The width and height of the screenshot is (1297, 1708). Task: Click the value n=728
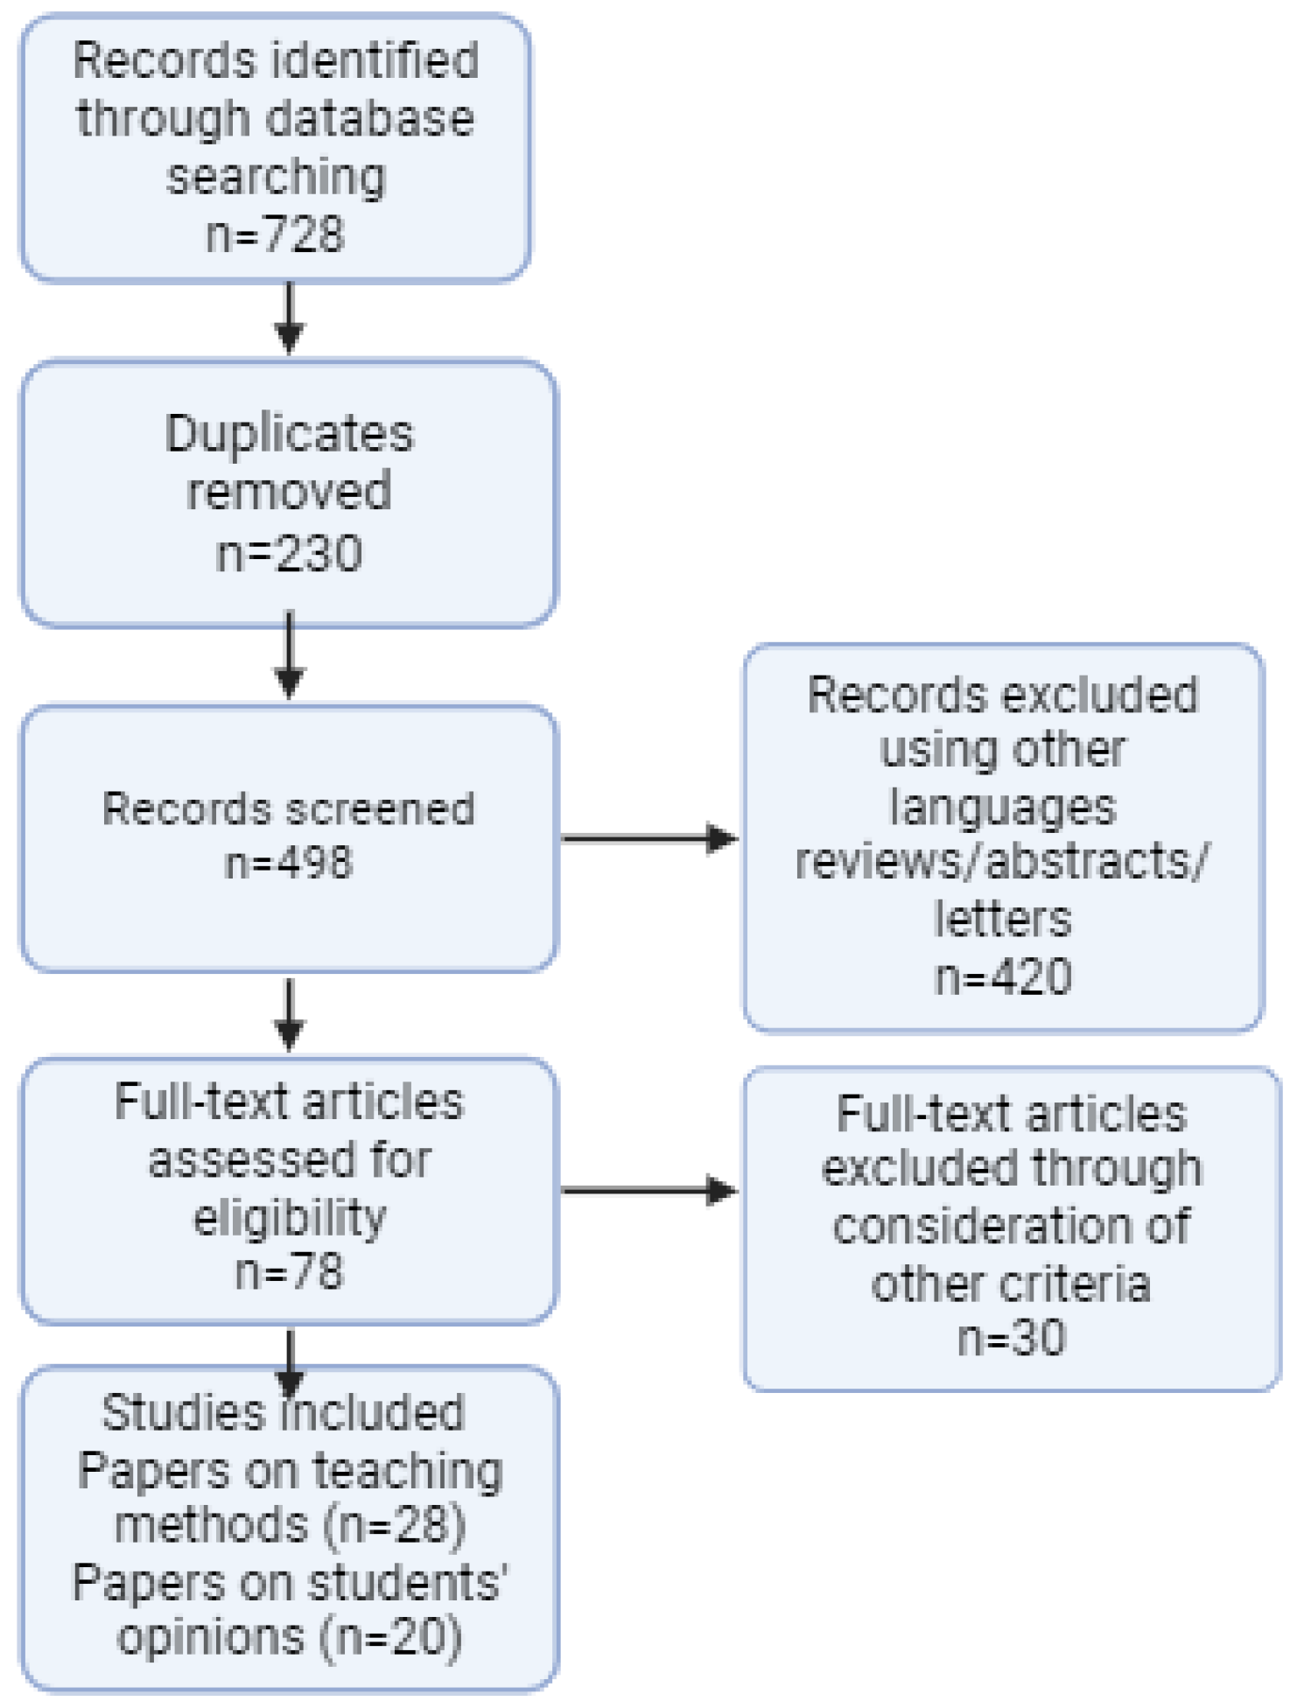click(x=275, y=234)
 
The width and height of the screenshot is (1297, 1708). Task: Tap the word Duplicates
click(x=289, y=433)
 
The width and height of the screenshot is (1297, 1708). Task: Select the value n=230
click(x=289, y=554)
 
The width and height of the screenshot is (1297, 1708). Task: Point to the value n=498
click(x=289, y=863)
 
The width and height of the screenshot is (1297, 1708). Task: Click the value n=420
click(x=1003, y=976)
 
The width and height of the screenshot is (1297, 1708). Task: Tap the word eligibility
click(x=289, y=1217)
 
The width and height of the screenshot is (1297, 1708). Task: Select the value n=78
click(x=289, y=1271)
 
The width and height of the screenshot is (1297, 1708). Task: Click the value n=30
click(x=1012, y=1338)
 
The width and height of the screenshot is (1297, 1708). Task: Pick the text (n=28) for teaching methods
click(x=395, y=1525)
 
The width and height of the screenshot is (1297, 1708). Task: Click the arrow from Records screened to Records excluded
click(x=648, y=838)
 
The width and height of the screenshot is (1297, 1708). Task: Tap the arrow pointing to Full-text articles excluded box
click(x=648, y=1190)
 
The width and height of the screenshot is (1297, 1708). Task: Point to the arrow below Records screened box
click(x=290, y=1015)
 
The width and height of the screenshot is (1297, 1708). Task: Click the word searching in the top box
click(x=276, y=177)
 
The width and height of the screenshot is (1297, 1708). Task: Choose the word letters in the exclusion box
click(x=1003, y=920)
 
